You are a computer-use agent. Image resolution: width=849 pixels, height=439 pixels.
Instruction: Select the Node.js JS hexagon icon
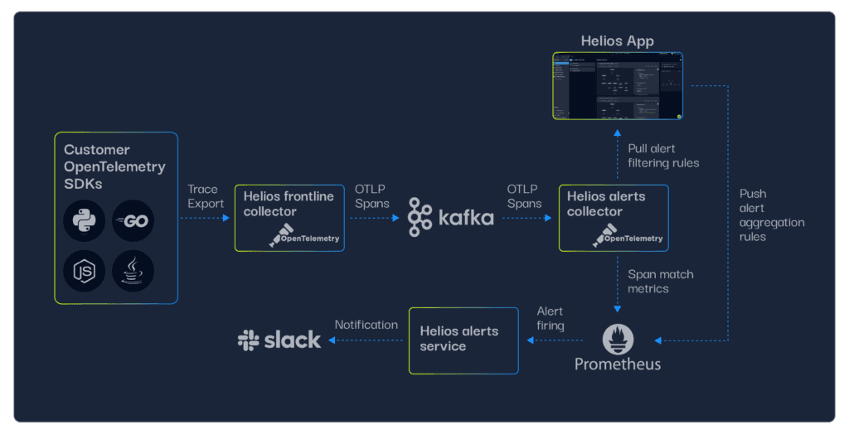[x=85, y=271]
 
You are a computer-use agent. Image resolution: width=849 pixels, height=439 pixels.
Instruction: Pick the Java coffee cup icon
[x=133, y=271]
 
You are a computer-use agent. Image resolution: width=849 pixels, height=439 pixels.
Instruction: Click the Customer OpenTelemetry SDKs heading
[x=114, y=166]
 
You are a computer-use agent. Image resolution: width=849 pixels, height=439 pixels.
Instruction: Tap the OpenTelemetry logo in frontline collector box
[x=304, y=236]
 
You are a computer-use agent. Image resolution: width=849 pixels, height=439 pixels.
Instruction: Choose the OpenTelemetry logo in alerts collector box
[x=628, y=236]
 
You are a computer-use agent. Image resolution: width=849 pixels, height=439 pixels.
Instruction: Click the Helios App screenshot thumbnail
[x=618, y=86]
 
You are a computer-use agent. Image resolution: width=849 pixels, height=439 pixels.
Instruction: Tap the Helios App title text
[x=618, y=41]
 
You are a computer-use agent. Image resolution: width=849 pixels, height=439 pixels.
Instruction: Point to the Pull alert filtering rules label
[x=663, y=156]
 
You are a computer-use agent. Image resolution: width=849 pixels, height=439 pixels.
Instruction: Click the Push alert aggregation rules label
[x=771, y=215]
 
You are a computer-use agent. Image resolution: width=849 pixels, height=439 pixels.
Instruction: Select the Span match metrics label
[x=661, y=281]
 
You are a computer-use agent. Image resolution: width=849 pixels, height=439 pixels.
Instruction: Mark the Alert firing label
[x=551, y=318]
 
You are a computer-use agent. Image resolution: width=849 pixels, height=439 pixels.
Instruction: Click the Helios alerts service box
[x=463, y=340]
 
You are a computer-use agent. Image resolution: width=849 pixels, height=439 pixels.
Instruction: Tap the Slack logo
[x=279, y=340]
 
